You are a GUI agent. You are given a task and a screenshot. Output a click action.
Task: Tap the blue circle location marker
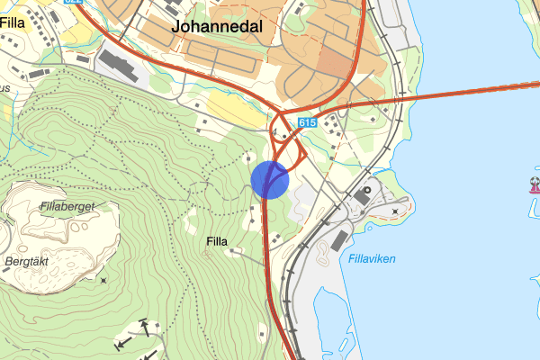pyautogui.click(x=269, y=179)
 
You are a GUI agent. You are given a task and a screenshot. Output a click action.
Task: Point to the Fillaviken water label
pyautogui.click(x=372, y=259)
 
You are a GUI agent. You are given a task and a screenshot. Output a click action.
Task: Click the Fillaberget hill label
pyautogui.click(x=67, y=206)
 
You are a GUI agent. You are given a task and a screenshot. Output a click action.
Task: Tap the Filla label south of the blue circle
pyautogui.click(x=217, y=241)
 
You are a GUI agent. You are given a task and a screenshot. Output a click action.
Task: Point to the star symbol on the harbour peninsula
pyautogui.click(x=395, y=211)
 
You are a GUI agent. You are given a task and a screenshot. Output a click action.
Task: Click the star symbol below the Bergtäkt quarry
pyautogui.click(x=104, y=281)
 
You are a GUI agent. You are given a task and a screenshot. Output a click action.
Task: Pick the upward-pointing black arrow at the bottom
pyautogui.click(x=144, y=328)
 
